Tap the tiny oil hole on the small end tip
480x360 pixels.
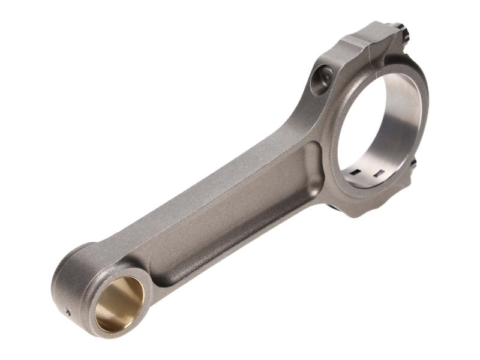coord(67,312)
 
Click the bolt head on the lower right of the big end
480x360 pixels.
coord(414,163)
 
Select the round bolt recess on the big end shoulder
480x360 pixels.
coord(325,76)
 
